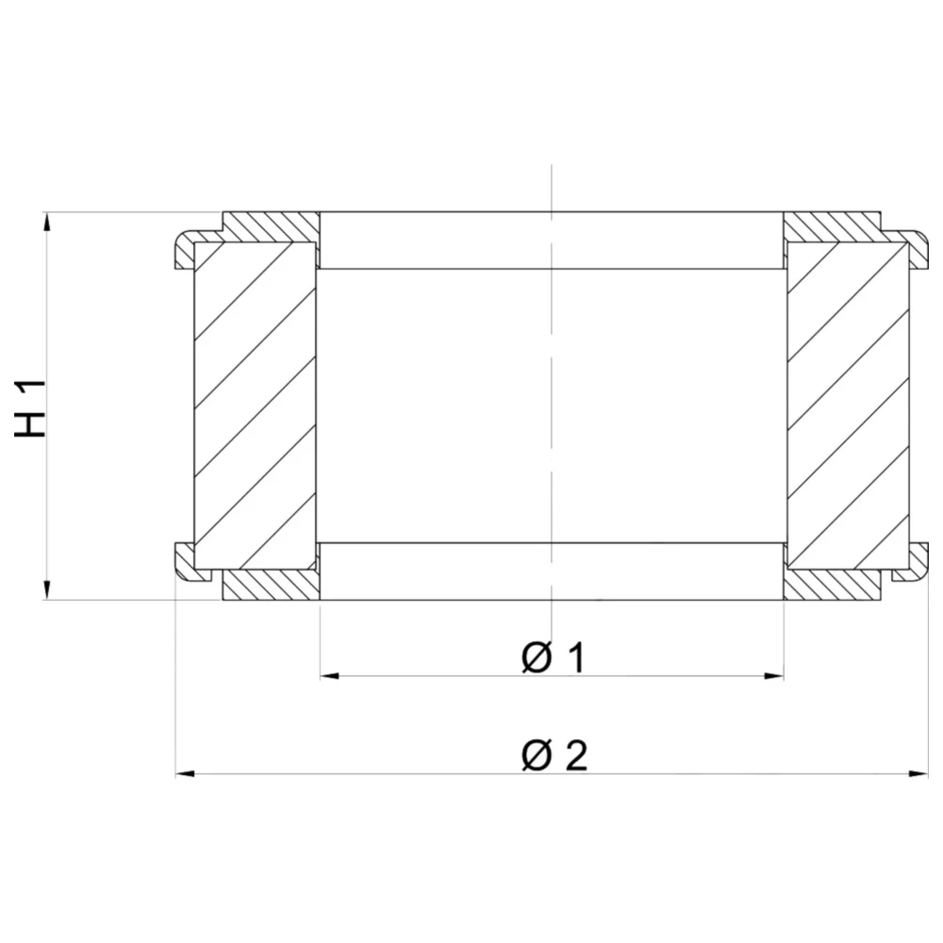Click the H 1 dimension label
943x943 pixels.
coord(30,408)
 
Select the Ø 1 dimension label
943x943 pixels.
coord(553,657)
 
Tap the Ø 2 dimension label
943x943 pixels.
coord(554,755)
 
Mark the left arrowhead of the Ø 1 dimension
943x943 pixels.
coord(330,676)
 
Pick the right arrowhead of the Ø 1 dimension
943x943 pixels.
coord(774,676)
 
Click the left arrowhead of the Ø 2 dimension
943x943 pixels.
coord(186,774)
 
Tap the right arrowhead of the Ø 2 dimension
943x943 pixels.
coord(918,774)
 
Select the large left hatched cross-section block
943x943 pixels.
coord(255,405)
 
